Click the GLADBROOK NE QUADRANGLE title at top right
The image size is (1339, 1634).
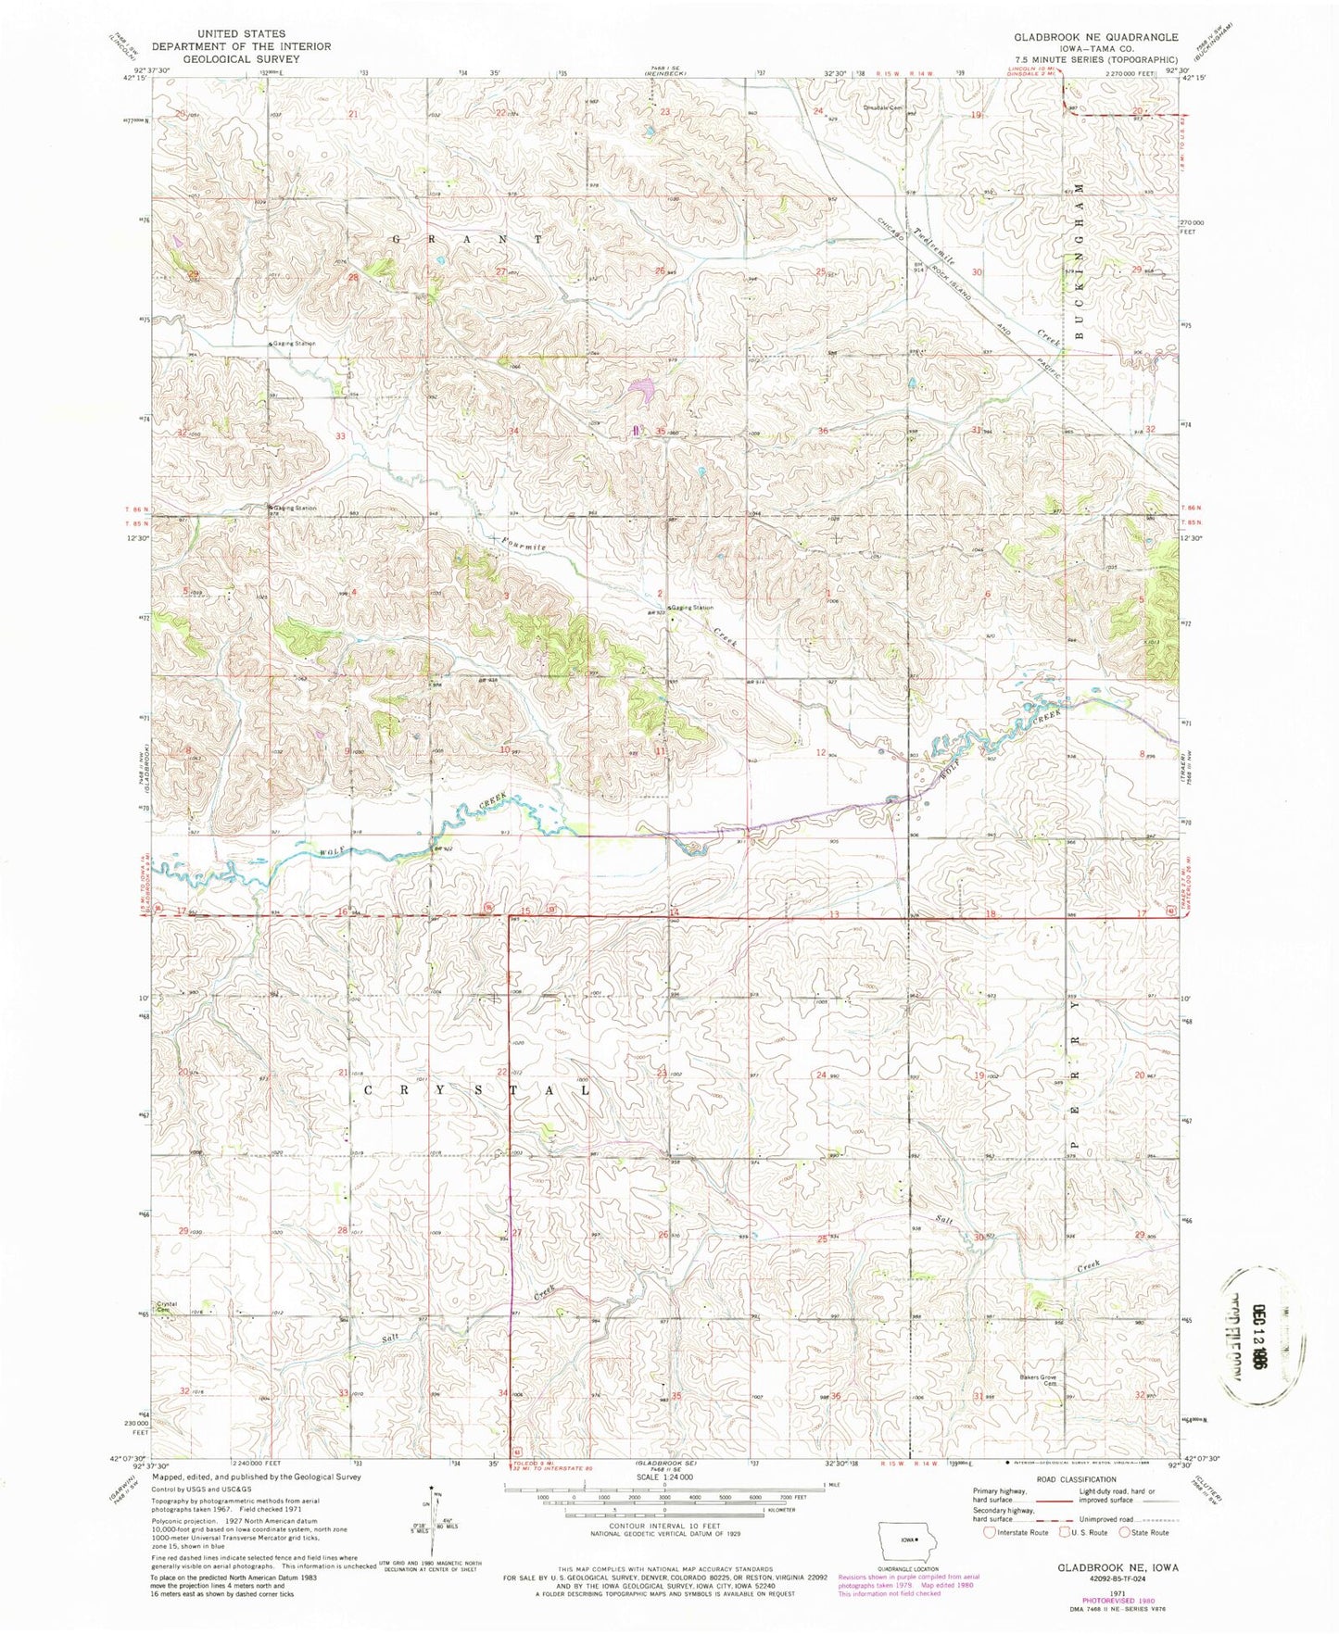(1095, 37)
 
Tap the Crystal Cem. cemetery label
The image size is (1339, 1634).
(166, 1307)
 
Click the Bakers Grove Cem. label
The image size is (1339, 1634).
(1038, 1381)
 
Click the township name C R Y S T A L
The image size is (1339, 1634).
(476, 1090)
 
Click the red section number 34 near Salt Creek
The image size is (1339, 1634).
(503, 1393)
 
